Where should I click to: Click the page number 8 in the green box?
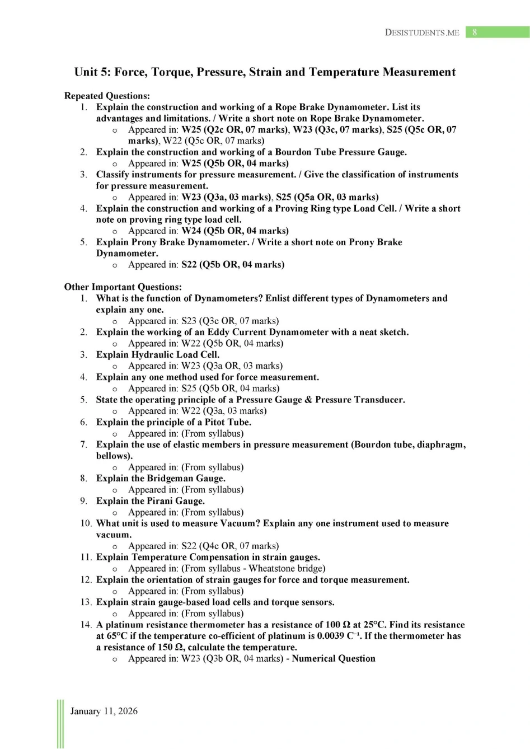(x=475, y=32)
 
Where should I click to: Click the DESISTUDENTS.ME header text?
(x=422, y=32)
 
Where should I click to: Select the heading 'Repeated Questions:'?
(x=107, y=96)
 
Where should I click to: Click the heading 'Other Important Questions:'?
(x=123, y=287)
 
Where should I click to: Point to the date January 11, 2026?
(x=104, y=711)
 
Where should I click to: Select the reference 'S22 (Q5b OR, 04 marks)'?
(x=233, y=264)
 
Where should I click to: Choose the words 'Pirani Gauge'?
(x=175, y=501)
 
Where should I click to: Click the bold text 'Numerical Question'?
(x=334, y=658)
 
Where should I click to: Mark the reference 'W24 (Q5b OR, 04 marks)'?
(x=235, y=231)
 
